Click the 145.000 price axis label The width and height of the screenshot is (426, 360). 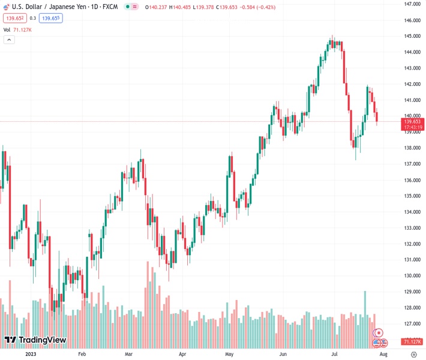click(412, 36)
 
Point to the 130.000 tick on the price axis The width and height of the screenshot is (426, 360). click(412, 276)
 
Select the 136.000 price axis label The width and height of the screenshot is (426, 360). click(412, 180)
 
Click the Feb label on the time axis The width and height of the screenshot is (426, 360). click(82, 355)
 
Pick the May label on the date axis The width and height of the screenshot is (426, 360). click(229, 355)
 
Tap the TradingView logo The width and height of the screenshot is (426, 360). click(35, 340)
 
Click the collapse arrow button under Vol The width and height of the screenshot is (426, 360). click(9, 40)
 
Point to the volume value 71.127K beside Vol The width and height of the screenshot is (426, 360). click(22, 29)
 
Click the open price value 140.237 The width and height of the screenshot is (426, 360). click(158, 7)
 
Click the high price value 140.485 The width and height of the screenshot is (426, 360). click(185, 7)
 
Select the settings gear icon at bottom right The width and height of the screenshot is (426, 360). click(413, 355)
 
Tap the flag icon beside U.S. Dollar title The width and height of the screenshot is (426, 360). click(6, 7)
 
